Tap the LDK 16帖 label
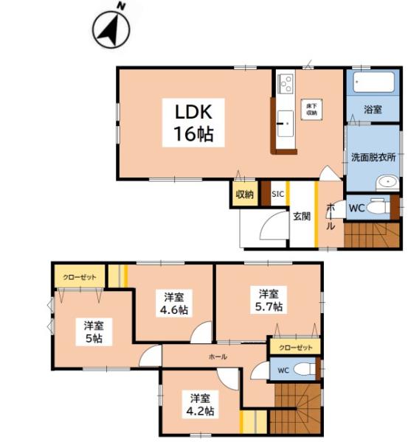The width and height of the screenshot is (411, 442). click(193, 122)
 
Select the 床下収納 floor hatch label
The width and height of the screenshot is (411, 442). click(311, 109)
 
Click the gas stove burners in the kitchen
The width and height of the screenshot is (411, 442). click(286, 83)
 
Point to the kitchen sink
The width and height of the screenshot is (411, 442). click(286, 124)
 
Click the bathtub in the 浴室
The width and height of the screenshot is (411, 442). click(373, 82)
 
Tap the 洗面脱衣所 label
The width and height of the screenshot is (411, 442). click(373, 158)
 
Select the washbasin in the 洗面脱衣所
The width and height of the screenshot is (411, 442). click(388, 182)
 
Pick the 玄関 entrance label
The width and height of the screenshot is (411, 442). click(302, 216)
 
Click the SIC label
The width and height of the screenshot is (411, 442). click(277, 194)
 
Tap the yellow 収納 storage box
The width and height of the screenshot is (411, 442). click(245, 194)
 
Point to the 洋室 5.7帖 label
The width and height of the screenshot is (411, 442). click(269, 300)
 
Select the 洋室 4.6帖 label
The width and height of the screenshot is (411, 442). click(174, 304)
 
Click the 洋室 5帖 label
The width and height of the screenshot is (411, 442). click(94, 332)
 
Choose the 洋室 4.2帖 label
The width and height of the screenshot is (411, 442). click(201, 404)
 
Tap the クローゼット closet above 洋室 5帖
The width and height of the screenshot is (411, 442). click(80, 278)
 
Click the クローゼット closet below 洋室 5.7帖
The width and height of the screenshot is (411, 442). click(296, 347)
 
